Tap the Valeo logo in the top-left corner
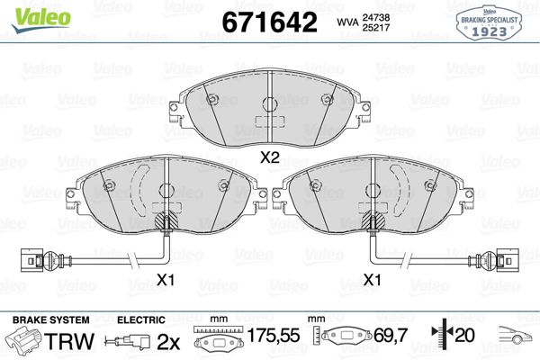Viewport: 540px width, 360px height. click(x=34, y=11)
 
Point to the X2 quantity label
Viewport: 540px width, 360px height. click(x=269, y=157)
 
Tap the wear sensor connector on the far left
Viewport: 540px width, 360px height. click(x=32, y=259)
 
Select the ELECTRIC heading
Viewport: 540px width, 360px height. click(x=140, y=319)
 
